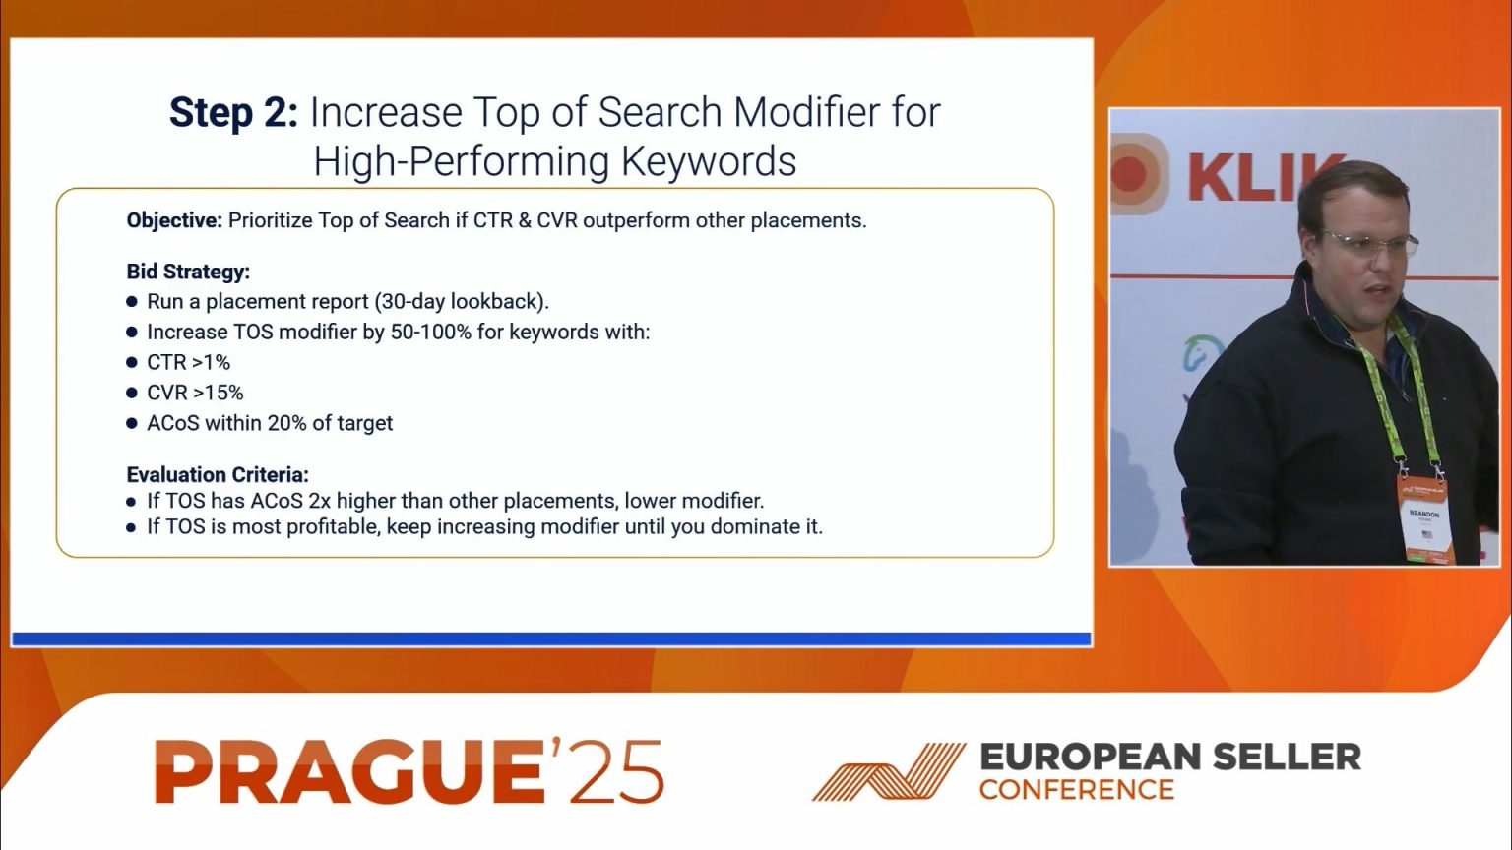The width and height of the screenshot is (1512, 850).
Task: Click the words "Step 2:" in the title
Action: click(x=232, y=113)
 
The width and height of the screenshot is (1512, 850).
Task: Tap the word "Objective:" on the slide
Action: click(x=174, y=220)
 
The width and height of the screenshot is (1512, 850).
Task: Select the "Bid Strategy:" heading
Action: click(x=188, y=272)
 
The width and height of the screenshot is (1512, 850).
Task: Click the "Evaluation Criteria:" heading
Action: click(x=218, y=474)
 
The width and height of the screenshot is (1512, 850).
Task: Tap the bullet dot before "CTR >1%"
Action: click(x=133, y=363)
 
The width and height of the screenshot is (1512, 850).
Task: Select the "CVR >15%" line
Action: click(x=195, y=393)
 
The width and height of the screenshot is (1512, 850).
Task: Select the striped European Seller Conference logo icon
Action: click(x=888, y=772)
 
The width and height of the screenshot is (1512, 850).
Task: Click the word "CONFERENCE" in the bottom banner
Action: click(x=1076, y=790)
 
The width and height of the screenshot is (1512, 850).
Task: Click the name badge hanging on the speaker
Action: click(x=1424, y=520)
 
